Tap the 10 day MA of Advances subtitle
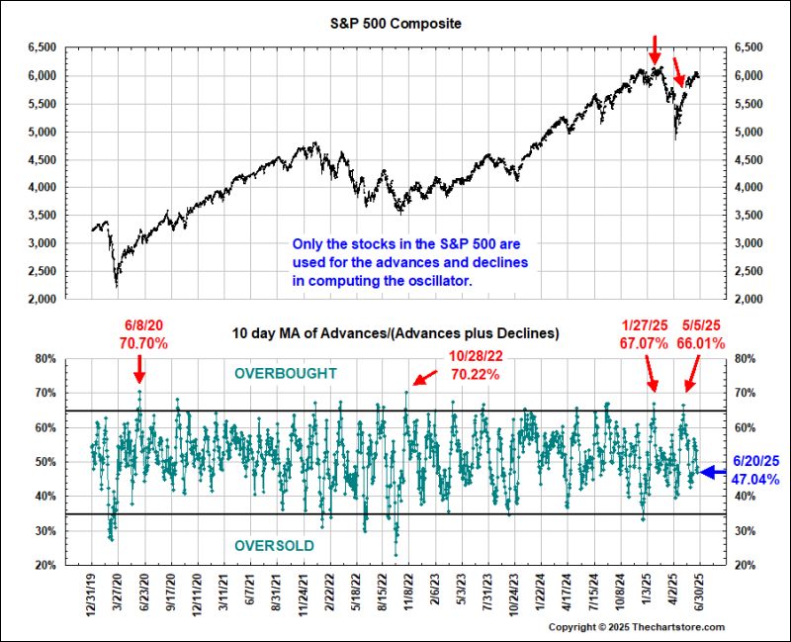(x=395, y=334)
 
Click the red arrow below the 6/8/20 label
(x=139, y=370)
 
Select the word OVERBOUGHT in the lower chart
(x=285, y=374)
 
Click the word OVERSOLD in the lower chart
(x=274, y=546)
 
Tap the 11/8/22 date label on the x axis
(x=406, y=597)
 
